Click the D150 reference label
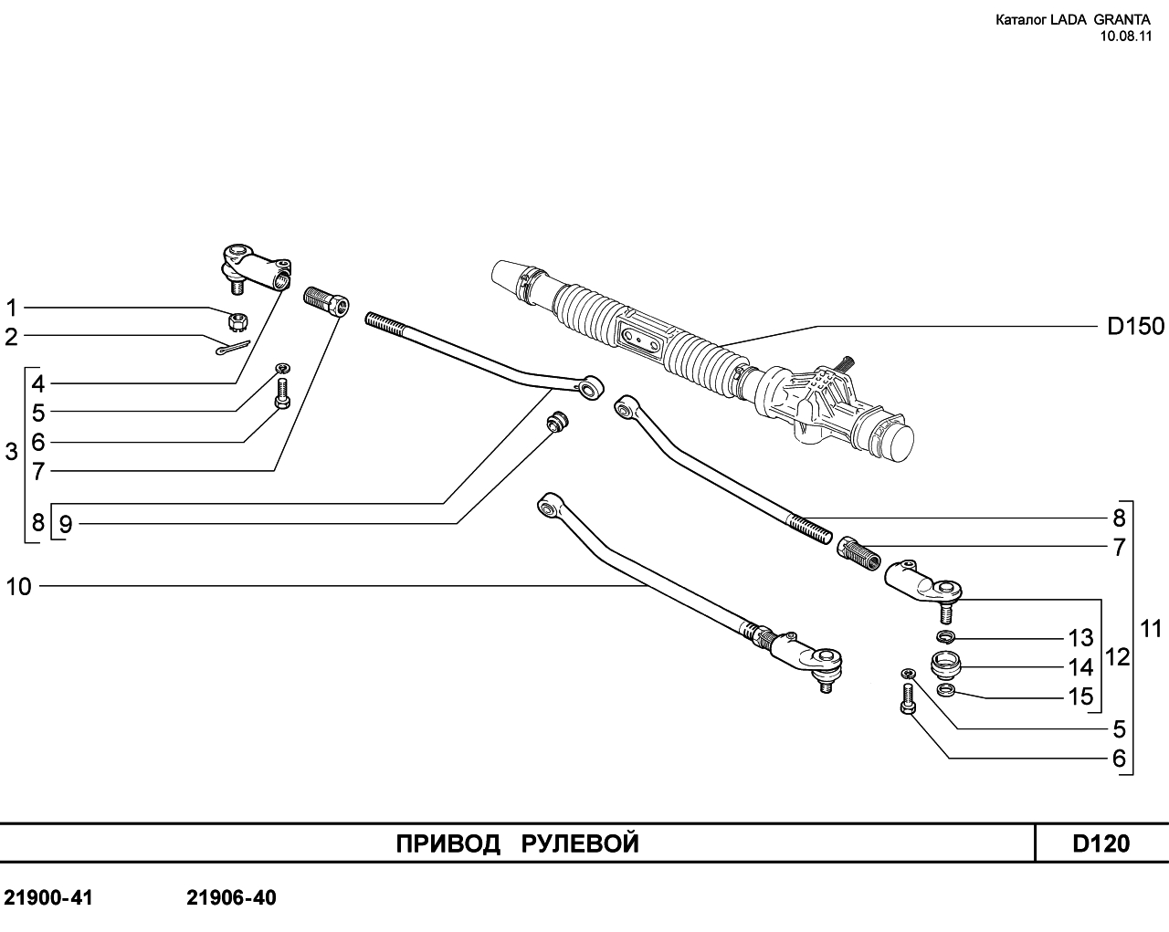[x=1135, y=326]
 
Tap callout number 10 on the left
[x=18, y=587]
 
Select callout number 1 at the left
[x=12, y=308]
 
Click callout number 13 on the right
[x=1080, y=637]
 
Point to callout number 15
[x=1080, y=696]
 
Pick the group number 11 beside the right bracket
[x=1150, y=628]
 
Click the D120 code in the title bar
[x=1101, y=843]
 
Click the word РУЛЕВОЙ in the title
[x=580, y=843]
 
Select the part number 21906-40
[x=231, y=898]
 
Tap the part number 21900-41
[x=48, y=898]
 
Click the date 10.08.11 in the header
[x=1126, y=37]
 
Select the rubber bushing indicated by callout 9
[x=556, y=422]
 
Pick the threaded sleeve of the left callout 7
[x=324, y=300]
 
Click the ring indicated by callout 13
[x=946, y=635]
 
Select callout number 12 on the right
[x=1117, y=657]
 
